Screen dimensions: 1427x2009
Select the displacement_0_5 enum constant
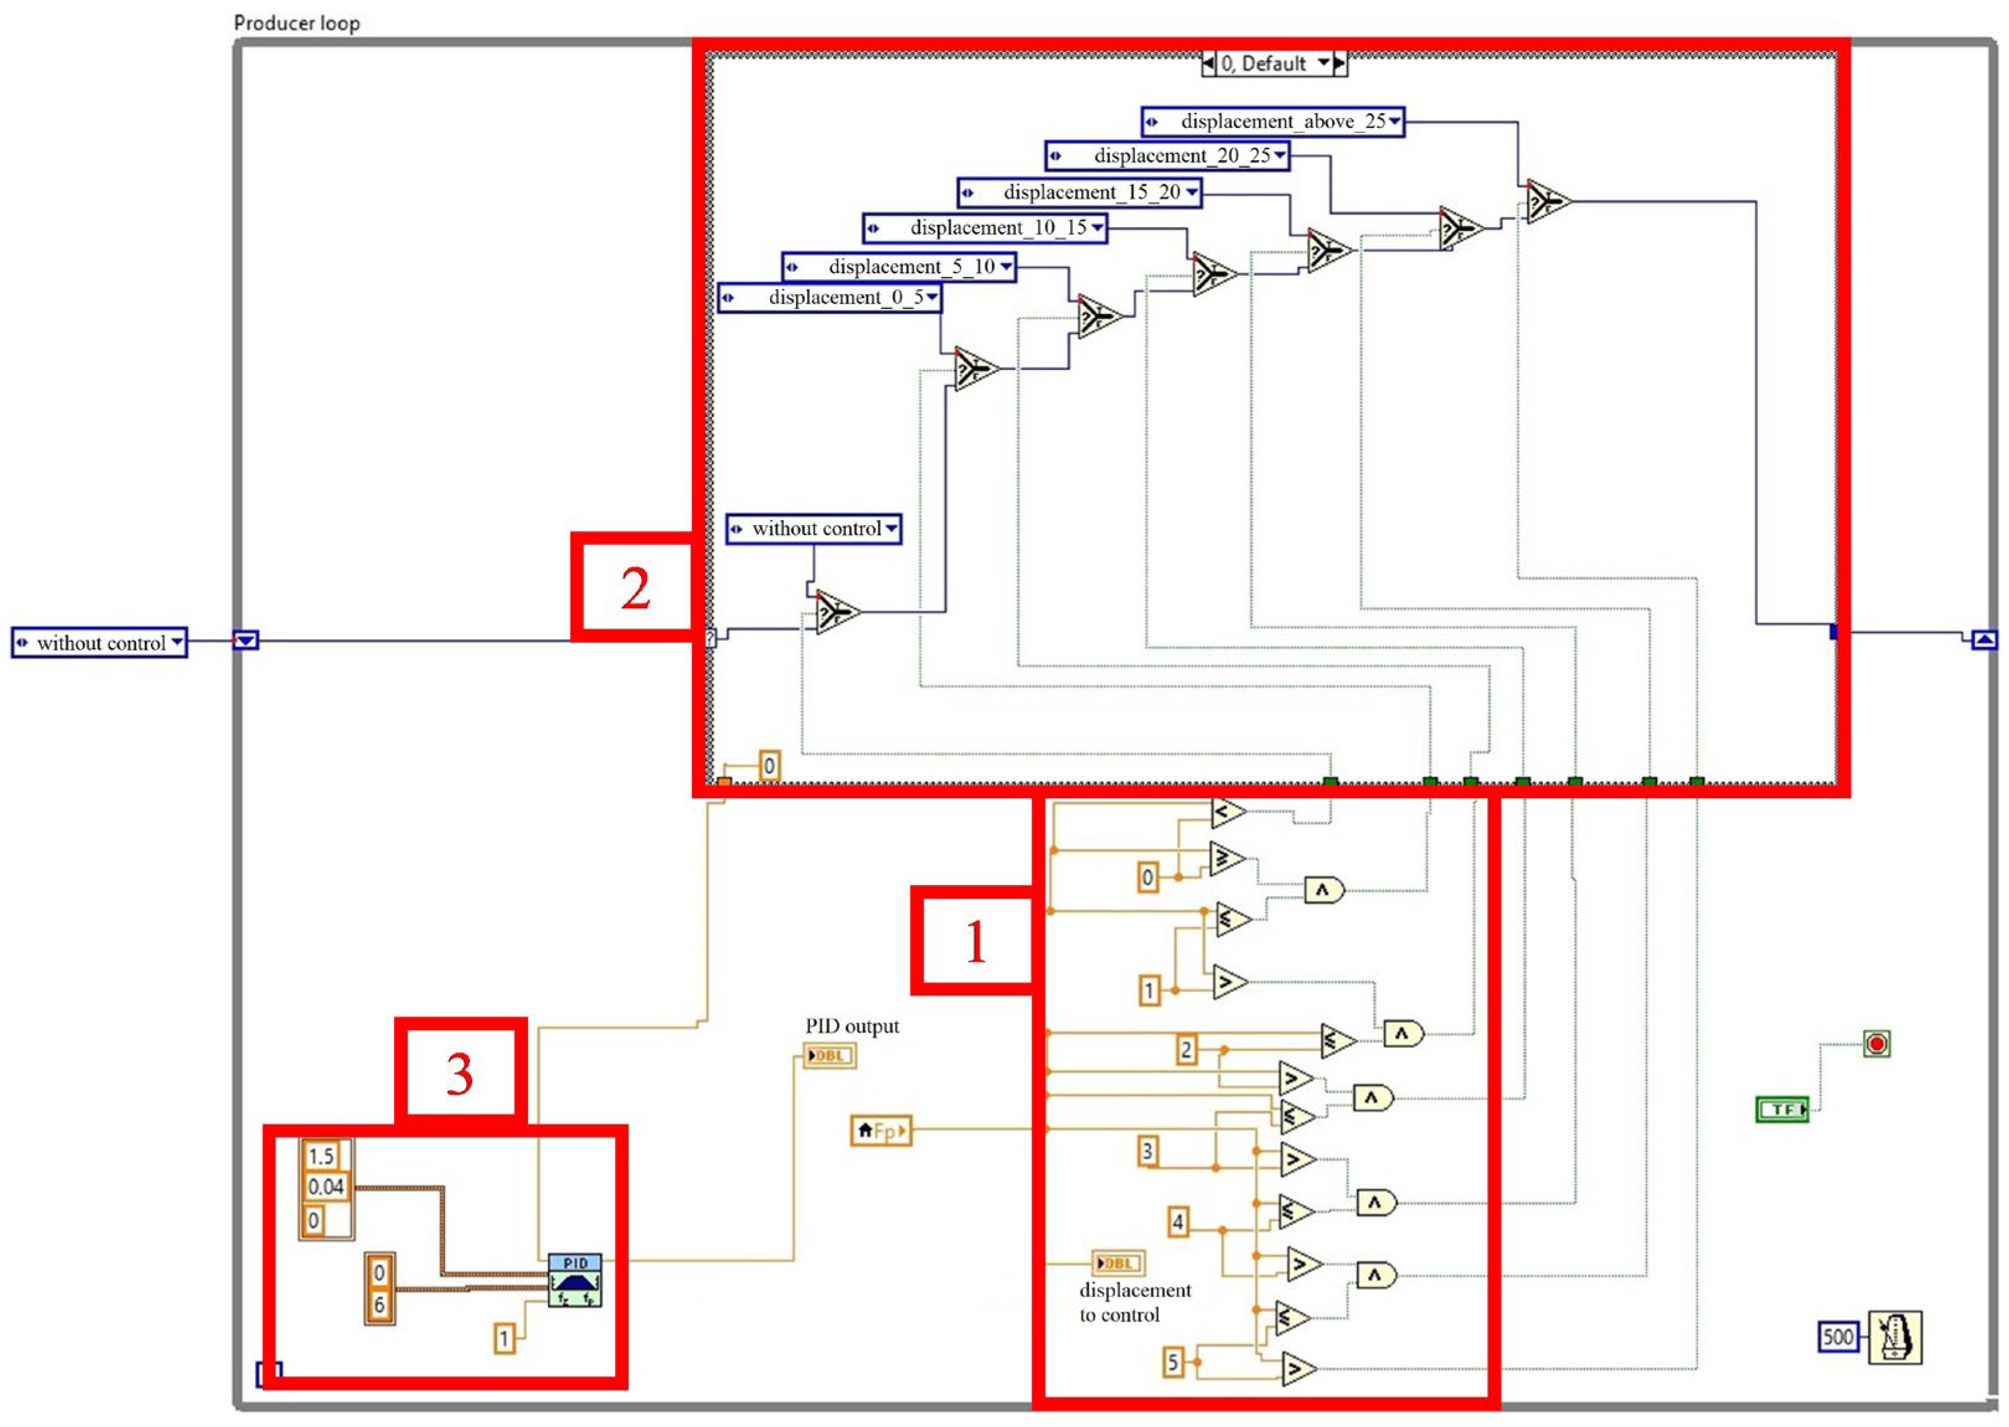pos(829,298)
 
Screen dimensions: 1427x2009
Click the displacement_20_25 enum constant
pos(1167,156)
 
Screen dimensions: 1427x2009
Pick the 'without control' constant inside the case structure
pos(814,529)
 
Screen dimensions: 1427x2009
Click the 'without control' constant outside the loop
pos(99,643)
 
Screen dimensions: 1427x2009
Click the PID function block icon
pos(575,1281)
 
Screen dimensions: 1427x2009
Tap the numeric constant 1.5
pos(321,1156)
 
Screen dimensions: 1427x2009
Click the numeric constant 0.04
pos(325,1187)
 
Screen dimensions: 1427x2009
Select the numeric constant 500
pos(1837,1338)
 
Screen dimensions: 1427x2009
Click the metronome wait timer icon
pos(1894,1338)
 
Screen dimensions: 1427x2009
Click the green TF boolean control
pos(1781,1110)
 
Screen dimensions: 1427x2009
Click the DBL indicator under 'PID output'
pos(829,1055)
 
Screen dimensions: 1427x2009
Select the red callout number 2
pos(635,588)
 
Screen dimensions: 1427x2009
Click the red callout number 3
pos(459,1074)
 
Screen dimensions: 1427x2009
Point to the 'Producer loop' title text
pos(296,23)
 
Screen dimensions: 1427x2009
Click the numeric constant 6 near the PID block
pos(379,1305)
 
